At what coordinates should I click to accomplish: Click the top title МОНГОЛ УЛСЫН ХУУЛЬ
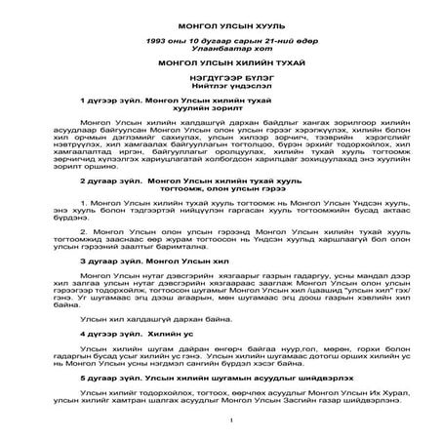click(x=221, y=20)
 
